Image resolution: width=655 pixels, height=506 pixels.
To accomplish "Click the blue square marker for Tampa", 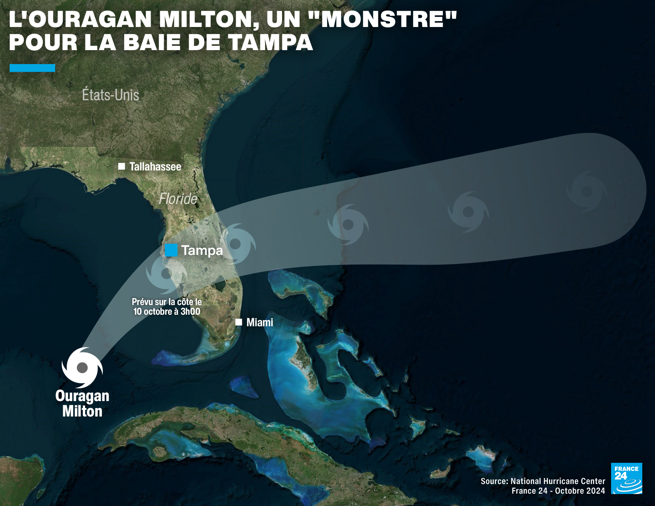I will coord(171,250).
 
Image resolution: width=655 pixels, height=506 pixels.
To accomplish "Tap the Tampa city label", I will coord(202,251).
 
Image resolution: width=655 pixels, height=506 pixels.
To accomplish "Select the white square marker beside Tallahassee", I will coord(121,167).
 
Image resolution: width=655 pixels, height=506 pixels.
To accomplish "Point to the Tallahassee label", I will coord(155,167).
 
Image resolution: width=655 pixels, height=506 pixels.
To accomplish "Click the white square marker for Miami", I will coord(239,322).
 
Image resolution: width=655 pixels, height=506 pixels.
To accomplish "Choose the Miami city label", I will coord(260,322).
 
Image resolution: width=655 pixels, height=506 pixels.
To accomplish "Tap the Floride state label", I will coord(178,199).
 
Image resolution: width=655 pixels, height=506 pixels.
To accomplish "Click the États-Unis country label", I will coord(111,95).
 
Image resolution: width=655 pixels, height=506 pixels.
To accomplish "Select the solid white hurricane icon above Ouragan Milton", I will coord(82,368).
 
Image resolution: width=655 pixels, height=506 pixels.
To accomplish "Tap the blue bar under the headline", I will coord(32,68).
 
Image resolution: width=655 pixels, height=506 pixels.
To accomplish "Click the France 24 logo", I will coord(626,478).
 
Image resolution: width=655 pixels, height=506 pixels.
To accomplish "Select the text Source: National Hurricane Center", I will coord(543,481).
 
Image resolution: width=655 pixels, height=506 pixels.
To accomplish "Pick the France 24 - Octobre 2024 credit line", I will coord(558,491).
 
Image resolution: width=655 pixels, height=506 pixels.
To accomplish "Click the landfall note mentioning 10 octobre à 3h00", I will coord(167,307).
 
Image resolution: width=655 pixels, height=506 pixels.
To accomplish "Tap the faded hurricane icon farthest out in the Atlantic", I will coord(587,191).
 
